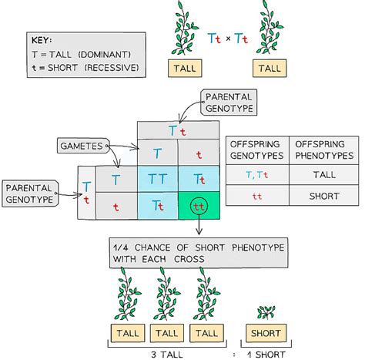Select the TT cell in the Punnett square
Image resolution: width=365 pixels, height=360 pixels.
coord(157,179)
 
